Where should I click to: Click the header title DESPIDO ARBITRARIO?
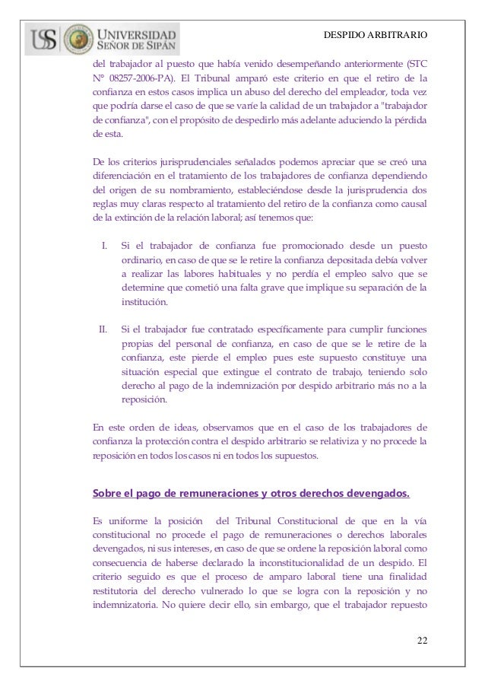coord(376,36)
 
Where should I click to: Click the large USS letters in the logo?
coord(44,39)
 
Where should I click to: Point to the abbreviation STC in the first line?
coord(417,63)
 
